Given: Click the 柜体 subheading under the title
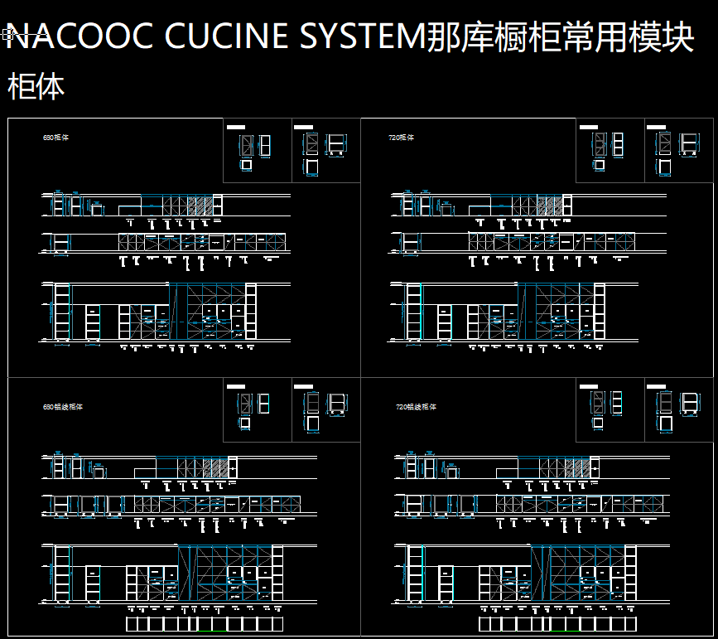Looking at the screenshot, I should (36, 86).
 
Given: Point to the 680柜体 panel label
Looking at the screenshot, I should (55, 138).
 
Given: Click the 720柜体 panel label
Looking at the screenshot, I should (402, 138).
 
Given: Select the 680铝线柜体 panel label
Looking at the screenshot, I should (62, 407).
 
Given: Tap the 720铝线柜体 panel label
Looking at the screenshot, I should (416, 407).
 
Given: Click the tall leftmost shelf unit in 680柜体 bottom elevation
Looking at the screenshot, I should (62, 312).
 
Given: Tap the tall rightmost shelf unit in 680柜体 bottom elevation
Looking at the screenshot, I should (251, 312).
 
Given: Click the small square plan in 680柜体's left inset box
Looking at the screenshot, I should (246, 165).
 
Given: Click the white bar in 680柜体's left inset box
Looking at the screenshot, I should (237, 127).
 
